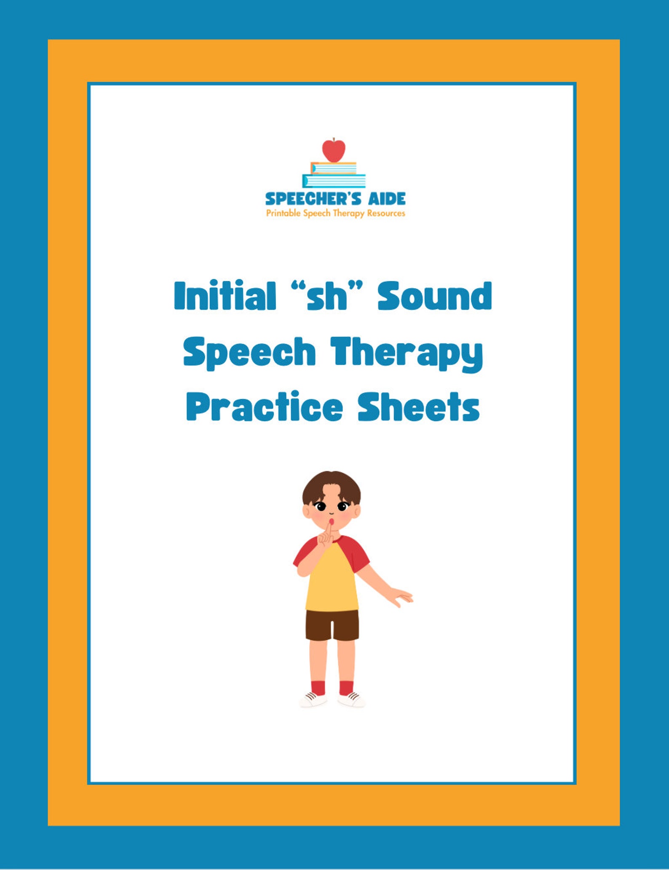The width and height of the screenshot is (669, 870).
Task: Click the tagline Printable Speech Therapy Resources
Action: (335, 213)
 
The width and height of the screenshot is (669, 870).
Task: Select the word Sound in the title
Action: (434, 296)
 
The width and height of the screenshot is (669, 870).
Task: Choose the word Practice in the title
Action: (264, 407)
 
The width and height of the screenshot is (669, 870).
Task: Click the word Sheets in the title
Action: (419, 407)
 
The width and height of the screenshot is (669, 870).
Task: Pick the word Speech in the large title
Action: (249, 353)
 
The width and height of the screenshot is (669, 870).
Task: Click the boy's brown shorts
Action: (332, 624)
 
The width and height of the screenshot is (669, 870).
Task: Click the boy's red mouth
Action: (332, 522)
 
